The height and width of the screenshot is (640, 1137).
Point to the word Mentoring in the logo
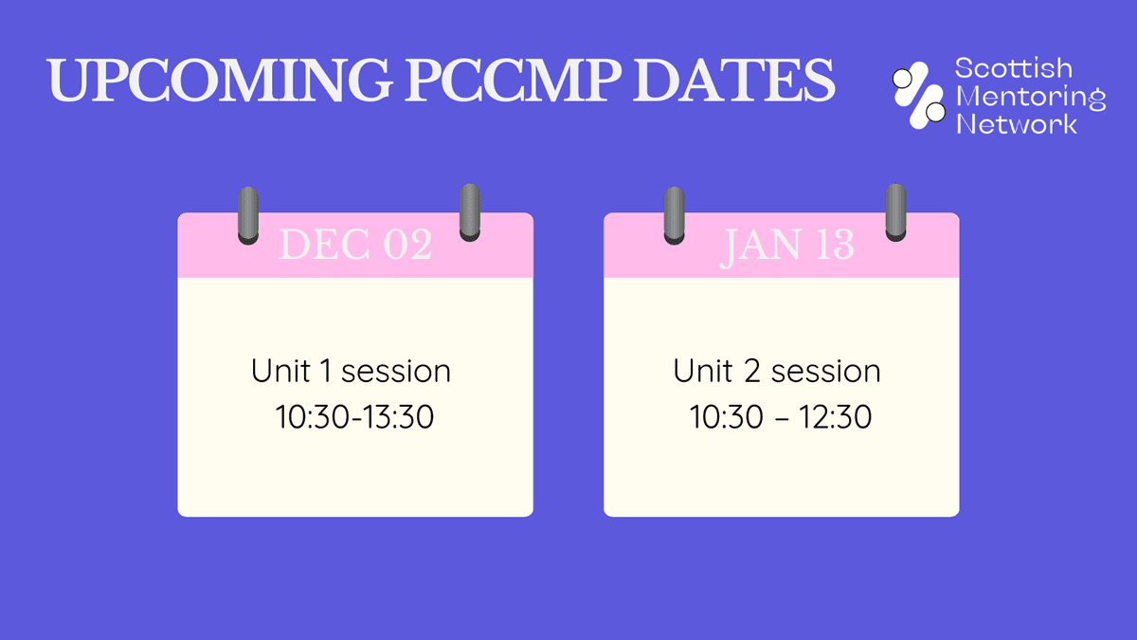[1030, 97]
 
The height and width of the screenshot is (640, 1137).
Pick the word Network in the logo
[1017, 124]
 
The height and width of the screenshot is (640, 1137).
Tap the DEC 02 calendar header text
[355, 246]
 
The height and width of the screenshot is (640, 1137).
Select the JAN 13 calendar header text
[787, 246]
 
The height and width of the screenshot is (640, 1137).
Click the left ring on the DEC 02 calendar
[247, 215]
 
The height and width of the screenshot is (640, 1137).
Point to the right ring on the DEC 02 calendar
[469, 212]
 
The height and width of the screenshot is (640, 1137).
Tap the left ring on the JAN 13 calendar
[674, 215]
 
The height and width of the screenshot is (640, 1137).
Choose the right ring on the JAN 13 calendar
[895, 212]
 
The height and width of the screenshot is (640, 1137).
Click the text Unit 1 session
[351, 371]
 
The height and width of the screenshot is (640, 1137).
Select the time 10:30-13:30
[355, 417]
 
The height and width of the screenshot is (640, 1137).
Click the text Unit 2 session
[777, 371]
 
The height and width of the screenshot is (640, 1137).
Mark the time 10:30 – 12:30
[781, 417]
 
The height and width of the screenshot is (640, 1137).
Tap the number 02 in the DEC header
[406, 246]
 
